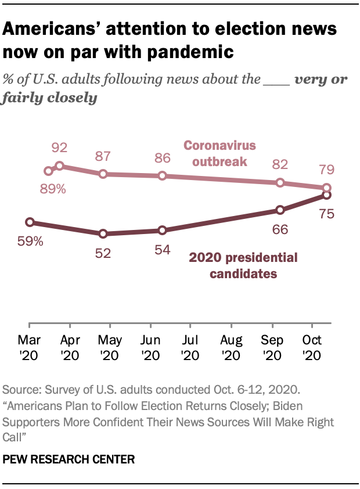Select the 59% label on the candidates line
click(x=30, y=240)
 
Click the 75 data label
click(x=326, y=214)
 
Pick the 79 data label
click(x=326, y=171)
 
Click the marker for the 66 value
click(x=280, y=210)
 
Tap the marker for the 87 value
click(x=103, y=174)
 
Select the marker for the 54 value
click(x=163, y=231)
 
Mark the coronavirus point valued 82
click(x=280, y=182)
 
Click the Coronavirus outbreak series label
click(x=220, y=153)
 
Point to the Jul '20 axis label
click(x=190, y=346)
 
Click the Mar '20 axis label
click(x=30, y=346)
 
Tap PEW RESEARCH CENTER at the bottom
click(x=69, y=459)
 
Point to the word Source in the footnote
click(x=20, y=389)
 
